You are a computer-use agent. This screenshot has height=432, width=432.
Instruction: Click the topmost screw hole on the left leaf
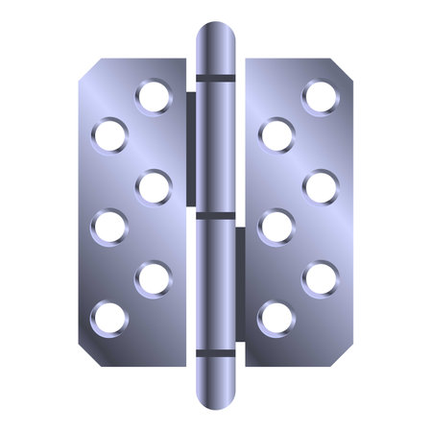[153, 96]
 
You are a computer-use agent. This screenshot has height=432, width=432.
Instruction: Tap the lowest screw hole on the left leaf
[109, 316]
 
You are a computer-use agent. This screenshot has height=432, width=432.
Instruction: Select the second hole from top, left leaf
[110, 133]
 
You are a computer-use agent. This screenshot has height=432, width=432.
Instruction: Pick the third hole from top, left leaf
[154, 186]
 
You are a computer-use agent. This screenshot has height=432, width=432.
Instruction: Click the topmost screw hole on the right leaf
[320, 96]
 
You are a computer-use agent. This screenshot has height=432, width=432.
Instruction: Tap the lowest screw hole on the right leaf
[276, 317]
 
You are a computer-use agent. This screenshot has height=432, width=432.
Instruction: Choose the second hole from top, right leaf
[276, 133]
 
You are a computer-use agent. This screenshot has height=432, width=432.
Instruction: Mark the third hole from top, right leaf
[320, 186]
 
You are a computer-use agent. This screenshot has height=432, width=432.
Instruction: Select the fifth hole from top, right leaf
[320, 279]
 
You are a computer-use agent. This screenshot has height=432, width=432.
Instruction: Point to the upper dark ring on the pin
[216, 76]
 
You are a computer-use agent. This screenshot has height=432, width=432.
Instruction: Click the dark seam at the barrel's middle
[216, 214]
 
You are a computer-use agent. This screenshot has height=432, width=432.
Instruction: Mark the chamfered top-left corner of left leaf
[86, 68]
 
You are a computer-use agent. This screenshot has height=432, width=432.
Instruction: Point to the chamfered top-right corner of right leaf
[347, 68]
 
